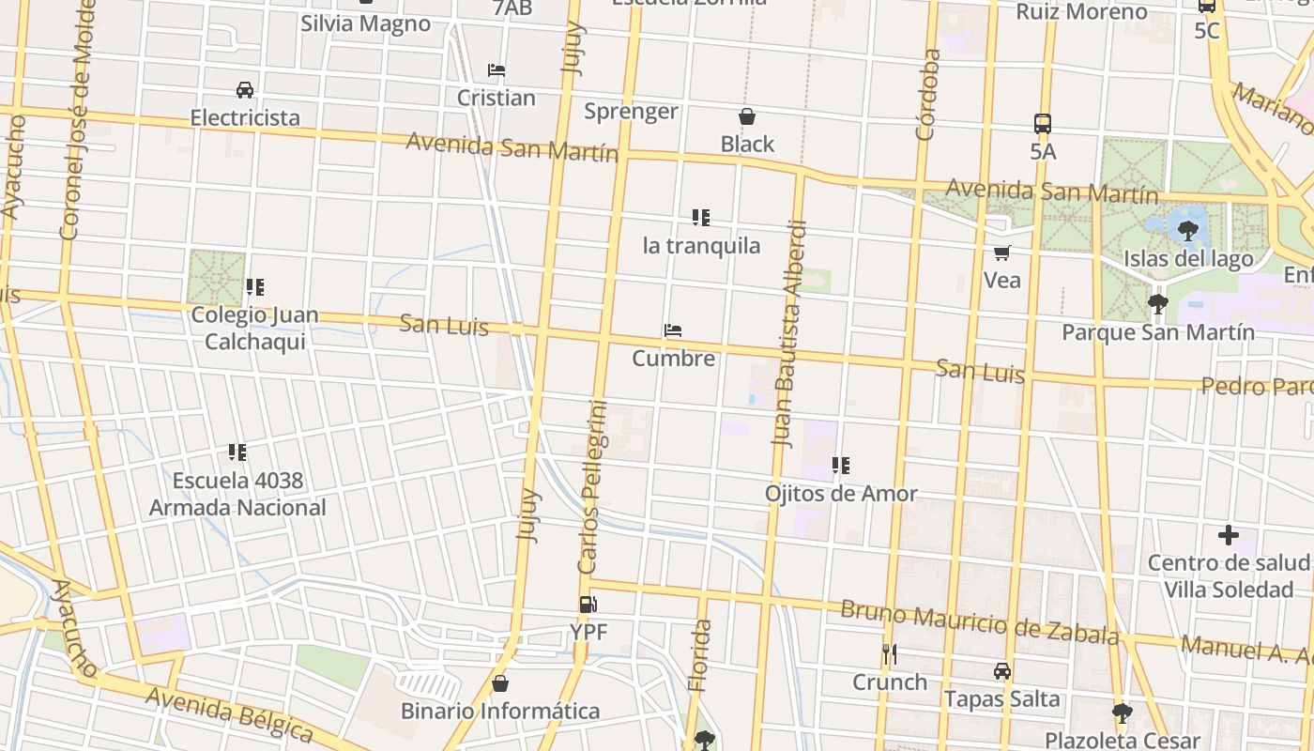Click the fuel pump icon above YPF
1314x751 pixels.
pos(588,605)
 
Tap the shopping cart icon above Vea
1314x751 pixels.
pos(1002,253)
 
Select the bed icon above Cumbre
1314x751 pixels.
pos(673,330)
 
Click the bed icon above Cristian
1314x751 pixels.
pos(497,70)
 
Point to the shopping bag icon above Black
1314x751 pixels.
pos(747,116)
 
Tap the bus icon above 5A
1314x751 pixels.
pos(1043,123)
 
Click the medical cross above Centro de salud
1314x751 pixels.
pos(1228,535)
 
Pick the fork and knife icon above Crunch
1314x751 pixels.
pos(890,653)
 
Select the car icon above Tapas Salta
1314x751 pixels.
pos(1002,671)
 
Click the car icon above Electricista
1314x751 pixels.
pos(245,90)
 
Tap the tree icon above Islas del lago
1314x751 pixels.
pos(1188,231)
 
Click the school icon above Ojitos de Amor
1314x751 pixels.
pos(841,466)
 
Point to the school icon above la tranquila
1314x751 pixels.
pos(701,218)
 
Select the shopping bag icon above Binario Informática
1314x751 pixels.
pos(500,682)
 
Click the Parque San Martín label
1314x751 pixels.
pos(1157,332)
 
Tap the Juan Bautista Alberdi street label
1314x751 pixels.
pos(788,332)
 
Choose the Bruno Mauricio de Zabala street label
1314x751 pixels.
pos(979,622)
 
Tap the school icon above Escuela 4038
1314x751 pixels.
pos(237,453)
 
